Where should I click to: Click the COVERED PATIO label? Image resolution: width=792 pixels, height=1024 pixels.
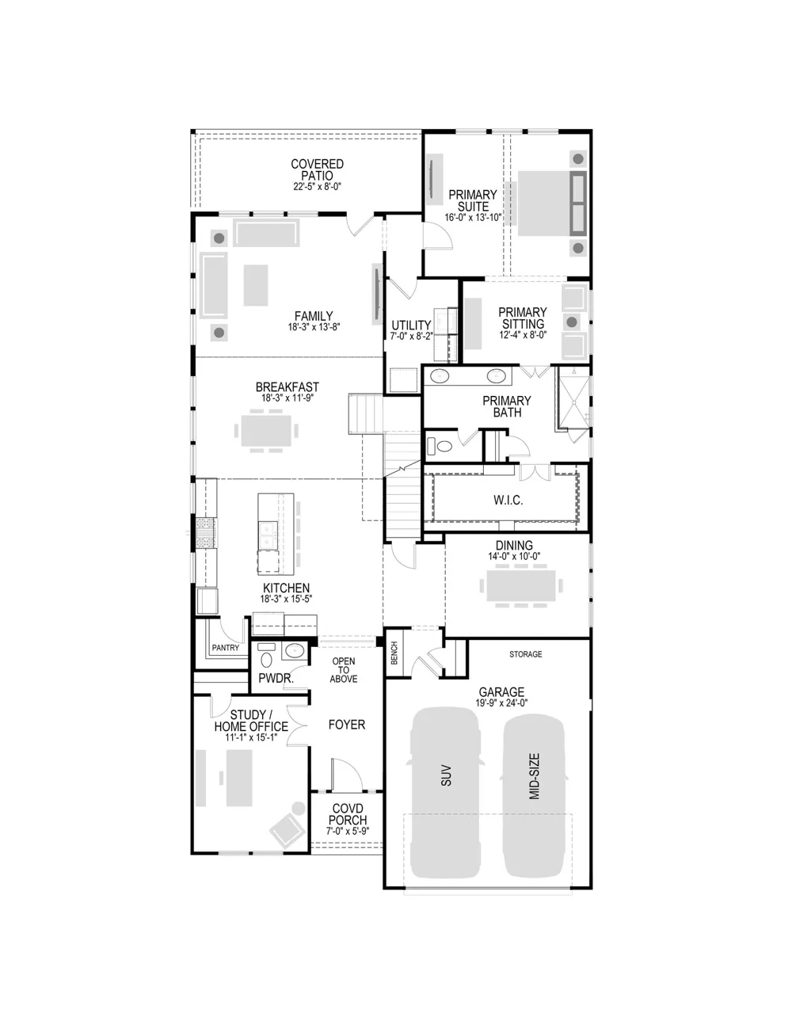click(317, 169)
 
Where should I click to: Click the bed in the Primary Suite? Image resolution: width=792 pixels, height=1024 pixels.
click(552, 203)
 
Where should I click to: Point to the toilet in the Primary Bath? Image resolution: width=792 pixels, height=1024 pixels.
click(440, 445)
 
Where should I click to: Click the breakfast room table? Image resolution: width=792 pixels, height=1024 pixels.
click(266, 431)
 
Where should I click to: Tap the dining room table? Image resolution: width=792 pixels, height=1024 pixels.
click(520, 585)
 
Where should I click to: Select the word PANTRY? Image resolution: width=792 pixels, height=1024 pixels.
click(225, 648)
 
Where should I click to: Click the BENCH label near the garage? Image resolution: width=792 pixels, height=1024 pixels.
click(394, 653)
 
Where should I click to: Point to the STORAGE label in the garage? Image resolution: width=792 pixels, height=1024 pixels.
click(525, 654)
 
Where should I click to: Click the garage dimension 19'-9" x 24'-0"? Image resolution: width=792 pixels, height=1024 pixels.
click(501, 702)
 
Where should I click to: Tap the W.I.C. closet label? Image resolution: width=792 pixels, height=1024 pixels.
click(508, 500)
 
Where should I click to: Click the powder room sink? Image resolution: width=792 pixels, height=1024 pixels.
click(295, 651)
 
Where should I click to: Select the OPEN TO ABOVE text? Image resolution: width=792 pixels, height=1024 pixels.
click(344, 670)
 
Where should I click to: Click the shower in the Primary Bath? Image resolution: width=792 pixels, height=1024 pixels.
click(573, 402)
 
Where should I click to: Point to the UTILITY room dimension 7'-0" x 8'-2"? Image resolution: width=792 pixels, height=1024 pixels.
click(411, 336)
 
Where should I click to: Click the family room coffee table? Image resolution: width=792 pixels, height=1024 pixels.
click(256, 285)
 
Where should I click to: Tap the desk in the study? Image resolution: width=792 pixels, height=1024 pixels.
click(239, 778)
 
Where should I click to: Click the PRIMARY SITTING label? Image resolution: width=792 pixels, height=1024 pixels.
click(523, 318)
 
